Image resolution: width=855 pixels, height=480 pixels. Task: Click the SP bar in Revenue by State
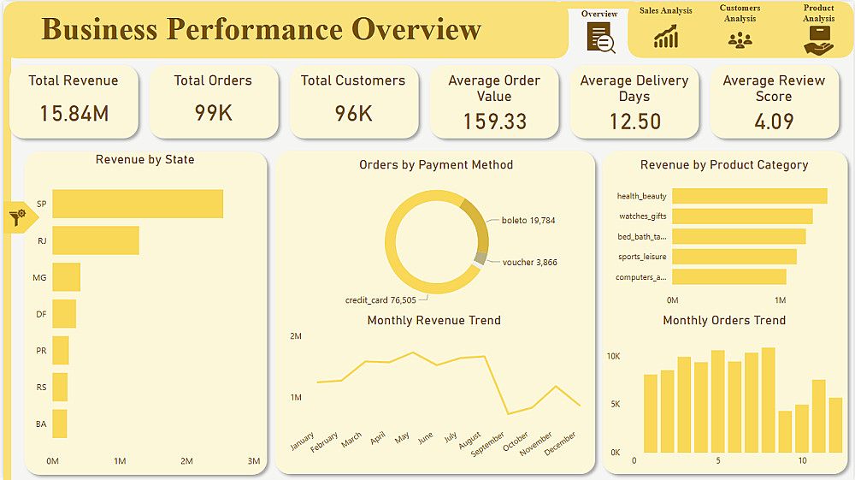tap(138, 204)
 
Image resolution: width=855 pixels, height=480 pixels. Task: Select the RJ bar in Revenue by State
tap(96, 240)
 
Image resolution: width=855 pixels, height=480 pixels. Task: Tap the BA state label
tap(41, 424)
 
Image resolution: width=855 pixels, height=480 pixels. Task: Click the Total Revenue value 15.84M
tap(74, 114)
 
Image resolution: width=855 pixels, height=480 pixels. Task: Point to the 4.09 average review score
tap(774, 121)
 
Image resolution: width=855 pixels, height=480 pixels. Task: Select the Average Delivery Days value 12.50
tap(634, 121)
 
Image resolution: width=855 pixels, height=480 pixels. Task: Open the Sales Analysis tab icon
tap(666, 37)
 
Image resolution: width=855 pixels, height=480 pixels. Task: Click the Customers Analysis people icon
tap(740, 40)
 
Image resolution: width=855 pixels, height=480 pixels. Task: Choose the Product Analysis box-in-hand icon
tap(818, 41)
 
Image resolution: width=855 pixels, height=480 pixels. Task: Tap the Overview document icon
tap(600, 38)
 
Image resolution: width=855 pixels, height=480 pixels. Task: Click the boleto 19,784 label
tap(528, 221)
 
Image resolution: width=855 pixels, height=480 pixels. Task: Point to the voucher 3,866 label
tap(529, 263)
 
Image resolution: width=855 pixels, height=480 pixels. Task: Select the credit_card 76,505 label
tap(380, 300)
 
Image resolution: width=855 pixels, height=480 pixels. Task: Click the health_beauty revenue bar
tap(750, 196)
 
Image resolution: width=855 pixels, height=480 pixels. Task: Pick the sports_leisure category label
tap(642, 257)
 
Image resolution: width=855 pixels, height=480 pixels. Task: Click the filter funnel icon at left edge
tap(17, 217)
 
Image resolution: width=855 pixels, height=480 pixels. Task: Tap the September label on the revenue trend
tap(487, 443)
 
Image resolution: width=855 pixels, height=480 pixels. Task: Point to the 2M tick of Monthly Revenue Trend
tap(296, 336)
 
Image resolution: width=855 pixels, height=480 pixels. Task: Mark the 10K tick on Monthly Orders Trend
tap(613, 356)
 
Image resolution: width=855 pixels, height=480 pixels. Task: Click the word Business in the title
tap(99, 29)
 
